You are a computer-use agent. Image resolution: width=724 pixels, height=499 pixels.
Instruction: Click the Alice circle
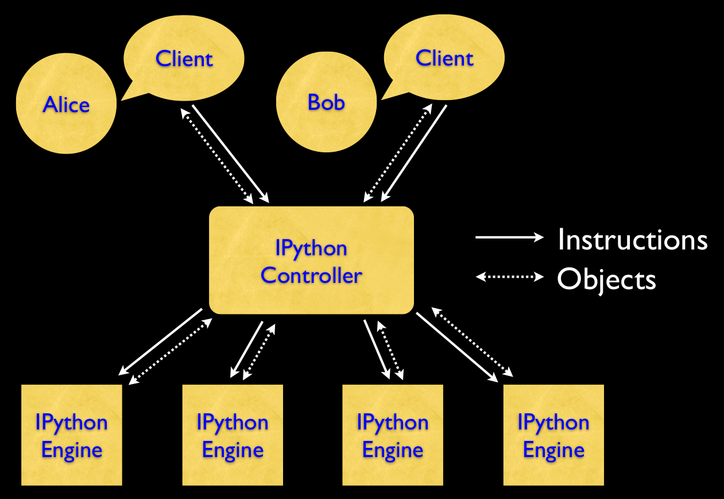66,104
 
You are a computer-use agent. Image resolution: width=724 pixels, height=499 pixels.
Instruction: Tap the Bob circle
326,102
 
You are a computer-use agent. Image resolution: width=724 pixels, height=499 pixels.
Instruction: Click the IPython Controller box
311,260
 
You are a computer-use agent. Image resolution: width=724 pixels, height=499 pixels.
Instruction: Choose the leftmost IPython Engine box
72,435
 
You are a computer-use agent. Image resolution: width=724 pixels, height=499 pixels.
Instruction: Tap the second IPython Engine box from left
233,435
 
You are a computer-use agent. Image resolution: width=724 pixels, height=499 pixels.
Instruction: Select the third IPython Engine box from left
393,435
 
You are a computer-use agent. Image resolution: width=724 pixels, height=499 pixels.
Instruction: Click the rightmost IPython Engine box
553,435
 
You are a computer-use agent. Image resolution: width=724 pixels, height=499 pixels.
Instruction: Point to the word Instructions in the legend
632,239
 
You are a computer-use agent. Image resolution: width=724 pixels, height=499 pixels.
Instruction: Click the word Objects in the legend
606,279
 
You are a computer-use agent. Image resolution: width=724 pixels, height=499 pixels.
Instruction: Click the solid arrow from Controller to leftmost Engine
161,342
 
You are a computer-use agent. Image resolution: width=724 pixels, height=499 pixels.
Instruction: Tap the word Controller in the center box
311,275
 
